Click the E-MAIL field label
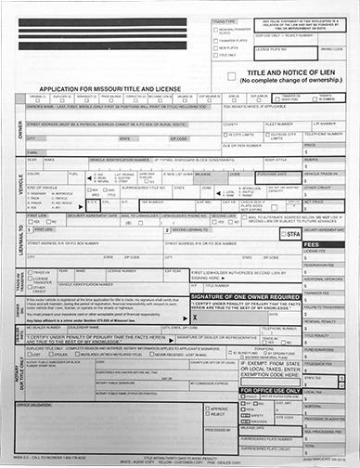pos(34,152)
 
